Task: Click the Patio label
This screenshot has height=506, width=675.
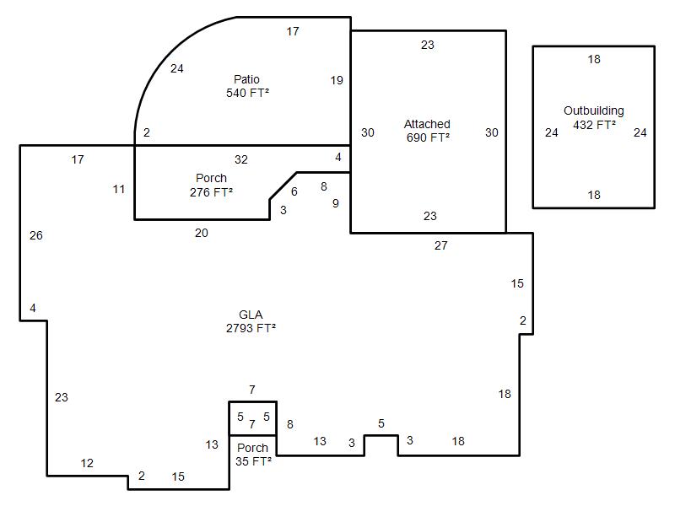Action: [x=246, y=79]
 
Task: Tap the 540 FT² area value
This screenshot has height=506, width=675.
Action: [x=247, y=93]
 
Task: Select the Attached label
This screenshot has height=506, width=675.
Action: [x=427, y=124]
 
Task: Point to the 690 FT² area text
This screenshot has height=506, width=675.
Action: [x=428, y=137]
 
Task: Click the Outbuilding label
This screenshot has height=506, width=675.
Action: [x=594, y=110]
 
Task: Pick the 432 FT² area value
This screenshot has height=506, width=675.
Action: [x=594, y=125]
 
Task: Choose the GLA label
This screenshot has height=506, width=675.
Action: [x=251, y=315]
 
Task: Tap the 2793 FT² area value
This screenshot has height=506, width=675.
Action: [x=251, y=328]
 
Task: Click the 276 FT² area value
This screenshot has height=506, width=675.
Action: [x=211, y=192]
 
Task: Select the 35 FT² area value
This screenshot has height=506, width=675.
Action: [x=254, y=461]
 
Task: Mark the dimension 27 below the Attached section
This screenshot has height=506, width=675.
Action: [x=440, y=245]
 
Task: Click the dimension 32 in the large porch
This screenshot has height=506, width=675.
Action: [x=241, y=159]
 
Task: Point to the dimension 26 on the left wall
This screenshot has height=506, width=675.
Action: [x=36, y=235]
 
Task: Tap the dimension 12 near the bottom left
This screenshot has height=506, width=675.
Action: [x=87, y=463]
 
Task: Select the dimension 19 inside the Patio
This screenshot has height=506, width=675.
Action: [x=337, y=80]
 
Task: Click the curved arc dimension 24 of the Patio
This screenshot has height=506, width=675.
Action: [x=177, y=68]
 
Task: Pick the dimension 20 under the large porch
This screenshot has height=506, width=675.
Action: [x=202, y=233]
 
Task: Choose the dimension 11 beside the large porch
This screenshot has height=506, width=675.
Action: [x=119, y=189]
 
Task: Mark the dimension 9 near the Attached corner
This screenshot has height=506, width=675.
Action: [x=336, y=203]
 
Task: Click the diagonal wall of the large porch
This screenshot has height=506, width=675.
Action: [x=283, y=186]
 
